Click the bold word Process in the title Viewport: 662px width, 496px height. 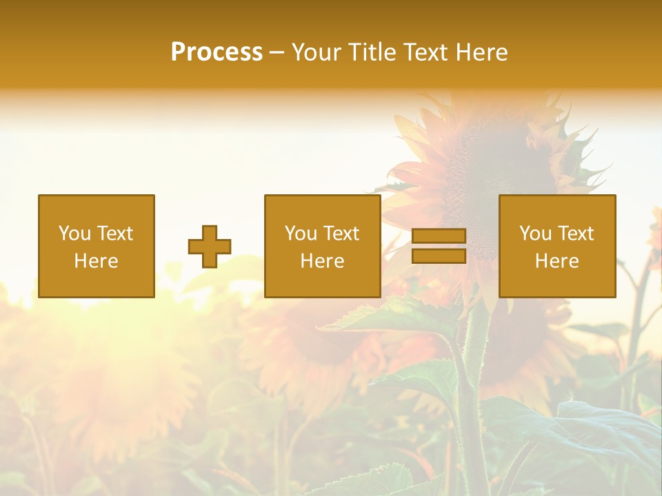click(217, 52)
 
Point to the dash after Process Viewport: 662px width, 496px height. click(277, 52)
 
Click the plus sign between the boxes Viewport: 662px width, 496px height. click(210, 247)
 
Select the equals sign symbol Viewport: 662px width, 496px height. click(439, 246)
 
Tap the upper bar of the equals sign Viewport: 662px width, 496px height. click(439, 236)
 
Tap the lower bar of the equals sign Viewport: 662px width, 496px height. click(439, 256)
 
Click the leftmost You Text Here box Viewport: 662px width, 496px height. click(96, 246)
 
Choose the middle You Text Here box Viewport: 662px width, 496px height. click(322, 246)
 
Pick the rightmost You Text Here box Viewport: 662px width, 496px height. click(556, 246)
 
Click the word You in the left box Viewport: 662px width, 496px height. click(74, 234)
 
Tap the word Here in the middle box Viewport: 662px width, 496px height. click(322, 261)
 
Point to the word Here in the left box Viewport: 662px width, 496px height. click(96, 261)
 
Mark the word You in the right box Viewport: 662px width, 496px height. click(535, 234)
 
